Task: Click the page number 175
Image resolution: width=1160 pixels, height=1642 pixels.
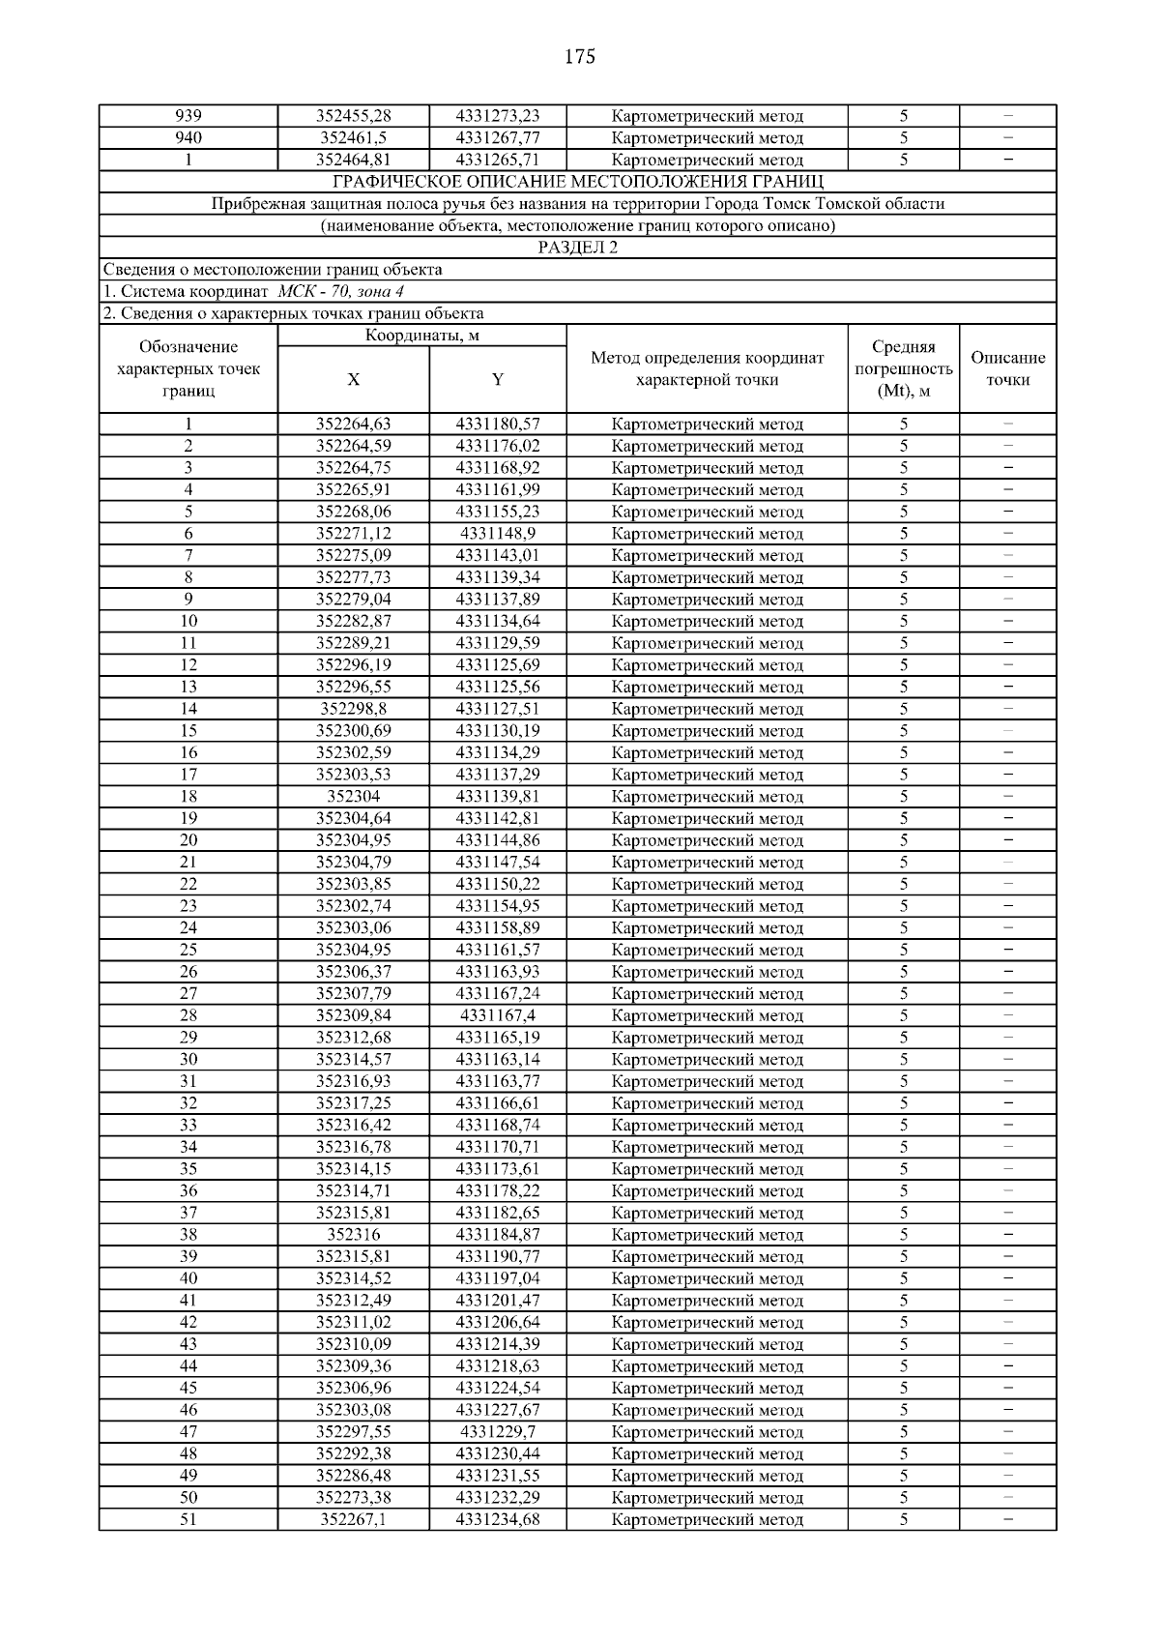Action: (x=579, y=57)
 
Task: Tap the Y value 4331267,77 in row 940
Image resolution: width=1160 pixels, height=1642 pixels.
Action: (x=498, y=138)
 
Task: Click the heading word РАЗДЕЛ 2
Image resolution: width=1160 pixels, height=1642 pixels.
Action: (x=578, y=248)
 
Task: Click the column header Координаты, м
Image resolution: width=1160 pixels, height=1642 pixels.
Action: (x=422, y=336)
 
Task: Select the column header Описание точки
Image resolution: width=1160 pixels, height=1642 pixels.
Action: (x=1007, y=368)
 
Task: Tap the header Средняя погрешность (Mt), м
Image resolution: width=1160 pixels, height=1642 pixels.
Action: (x=904, y=368)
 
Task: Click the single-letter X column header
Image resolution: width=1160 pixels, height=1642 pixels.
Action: (x=354, y=380)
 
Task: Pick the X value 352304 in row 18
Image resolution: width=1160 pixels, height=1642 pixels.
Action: (x=354, y=797)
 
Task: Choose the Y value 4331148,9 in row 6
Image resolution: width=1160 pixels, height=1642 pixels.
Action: (x=498, y=534)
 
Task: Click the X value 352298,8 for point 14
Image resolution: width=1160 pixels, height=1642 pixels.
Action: (x=354, y=709)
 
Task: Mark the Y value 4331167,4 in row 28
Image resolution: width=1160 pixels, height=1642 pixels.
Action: (x=498, y=1015)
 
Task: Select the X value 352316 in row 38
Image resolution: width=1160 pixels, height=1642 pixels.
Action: (x=354, y=1235)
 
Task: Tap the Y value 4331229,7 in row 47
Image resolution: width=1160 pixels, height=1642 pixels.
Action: (x=498, y=1432)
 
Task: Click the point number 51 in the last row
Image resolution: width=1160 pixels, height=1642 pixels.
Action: (x=188, y=1519)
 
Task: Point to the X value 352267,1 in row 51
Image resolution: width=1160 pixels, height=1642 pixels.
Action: (x=354, y=1519)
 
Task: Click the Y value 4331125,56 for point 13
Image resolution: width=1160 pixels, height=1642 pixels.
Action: (x=498, y=687)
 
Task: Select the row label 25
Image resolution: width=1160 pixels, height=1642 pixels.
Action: (x=188, y=950)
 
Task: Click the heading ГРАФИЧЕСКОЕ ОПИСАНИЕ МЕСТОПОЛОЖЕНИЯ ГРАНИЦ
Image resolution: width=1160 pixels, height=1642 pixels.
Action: (x=578, y=182)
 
